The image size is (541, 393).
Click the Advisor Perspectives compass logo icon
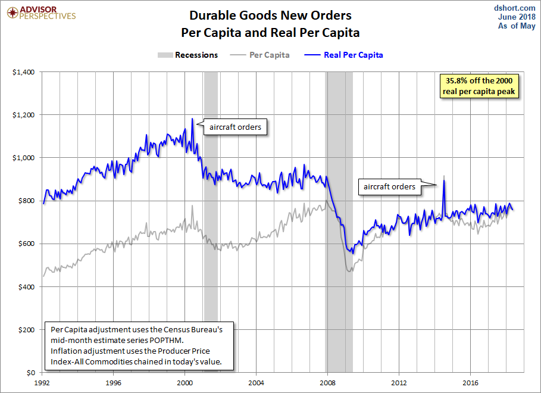pyautogui.click(x=12, y=13)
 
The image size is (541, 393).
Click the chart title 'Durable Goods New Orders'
pyautogui.click(x=270, y=15)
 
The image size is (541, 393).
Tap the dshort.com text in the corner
pyautogui.click(x=514, y=8)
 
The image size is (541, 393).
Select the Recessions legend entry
pyautogui.click(x=187, y=55)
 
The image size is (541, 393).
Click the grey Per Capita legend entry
pyautogui.click(x=259, y=55)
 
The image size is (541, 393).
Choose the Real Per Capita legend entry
pyautogui.click(x=343, y=55)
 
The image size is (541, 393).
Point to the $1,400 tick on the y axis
pyautogui.click(x=23, y=72)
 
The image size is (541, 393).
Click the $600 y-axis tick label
pyautogui.click(x=26, y=244)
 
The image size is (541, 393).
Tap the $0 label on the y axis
pyautogui.click(x=31, y=373)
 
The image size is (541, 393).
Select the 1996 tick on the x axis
pyautogui.click(x=113, y=383)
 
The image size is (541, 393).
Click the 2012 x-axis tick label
pyautogui.click(x=399, y=383)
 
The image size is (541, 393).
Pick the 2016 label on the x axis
pyautogui.click(x=470, y=383)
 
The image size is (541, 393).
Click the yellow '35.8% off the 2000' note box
pyautogui.click(x=479, y=86)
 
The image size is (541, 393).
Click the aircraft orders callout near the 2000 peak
pyautogui.click(x=235, y=127)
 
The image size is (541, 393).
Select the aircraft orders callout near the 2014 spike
pyautogui.click(x=390, y=187)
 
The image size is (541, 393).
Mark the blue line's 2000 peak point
pyautogui.click(x=192, y=118)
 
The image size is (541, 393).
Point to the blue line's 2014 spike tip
pyautogui.click(x=444, y=180)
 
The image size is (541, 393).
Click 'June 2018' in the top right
pyautogui.click(x=517, y=17)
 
